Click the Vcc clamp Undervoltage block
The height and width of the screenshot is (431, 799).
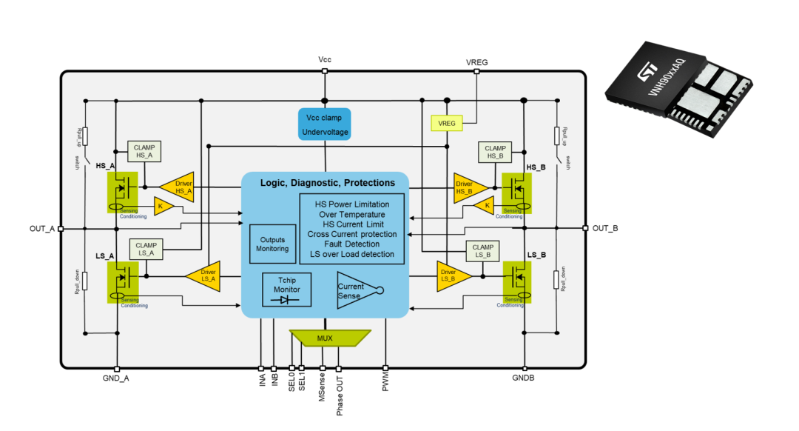[x=324, y=124]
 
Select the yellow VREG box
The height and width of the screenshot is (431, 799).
[x=447, y=123]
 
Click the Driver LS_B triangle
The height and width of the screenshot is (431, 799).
[x=454, y=275]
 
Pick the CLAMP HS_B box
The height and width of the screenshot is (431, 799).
[x=496, y=153]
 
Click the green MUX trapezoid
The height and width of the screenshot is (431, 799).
[x=325, y=338]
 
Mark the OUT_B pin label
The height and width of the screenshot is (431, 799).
[x=605, y=228]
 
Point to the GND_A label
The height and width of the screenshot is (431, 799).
[x=116, y=378]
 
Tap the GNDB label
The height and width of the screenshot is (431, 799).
[x=523, y=378]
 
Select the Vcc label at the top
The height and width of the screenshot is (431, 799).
[x=325, y=59]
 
